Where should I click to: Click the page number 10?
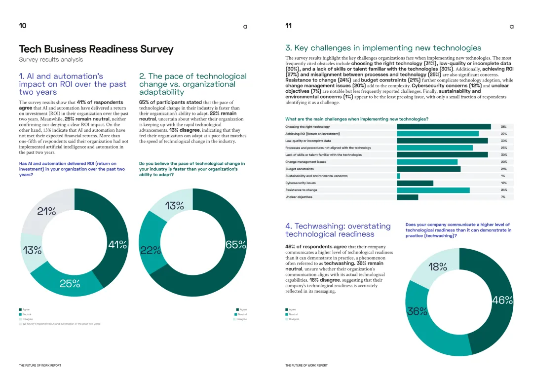click(23, 26)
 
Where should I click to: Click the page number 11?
click(289, 26)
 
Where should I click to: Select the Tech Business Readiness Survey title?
click(96, 49)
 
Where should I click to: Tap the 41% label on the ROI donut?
click(117, 244)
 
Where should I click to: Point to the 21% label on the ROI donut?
click(46, 212)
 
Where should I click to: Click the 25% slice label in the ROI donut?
click(70, 283)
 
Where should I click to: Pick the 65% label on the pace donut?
click(235, 245)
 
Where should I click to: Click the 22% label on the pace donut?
click(151, 250)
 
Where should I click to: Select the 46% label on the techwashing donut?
click(502, 300)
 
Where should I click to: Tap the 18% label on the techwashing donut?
click(437, 267)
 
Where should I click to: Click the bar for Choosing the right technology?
click(444, 127)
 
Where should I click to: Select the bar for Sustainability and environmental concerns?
click(398, 176)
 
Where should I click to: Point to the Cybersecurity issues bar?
click(415, 183)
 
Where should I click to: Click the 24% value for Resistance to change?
click(503, 190)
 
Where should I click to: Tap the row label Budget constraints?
click(301, 169)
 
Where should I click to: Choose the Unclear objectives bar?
click(407, 197)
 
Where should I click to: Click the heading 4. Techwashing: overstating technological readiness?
click(338, 230)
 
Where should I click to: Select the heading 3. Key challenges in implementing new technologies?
click(383, 48)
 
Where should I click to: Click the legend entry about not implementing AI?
click(61, 324)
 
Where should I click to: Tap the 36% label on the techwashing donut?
click(417, 311)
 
